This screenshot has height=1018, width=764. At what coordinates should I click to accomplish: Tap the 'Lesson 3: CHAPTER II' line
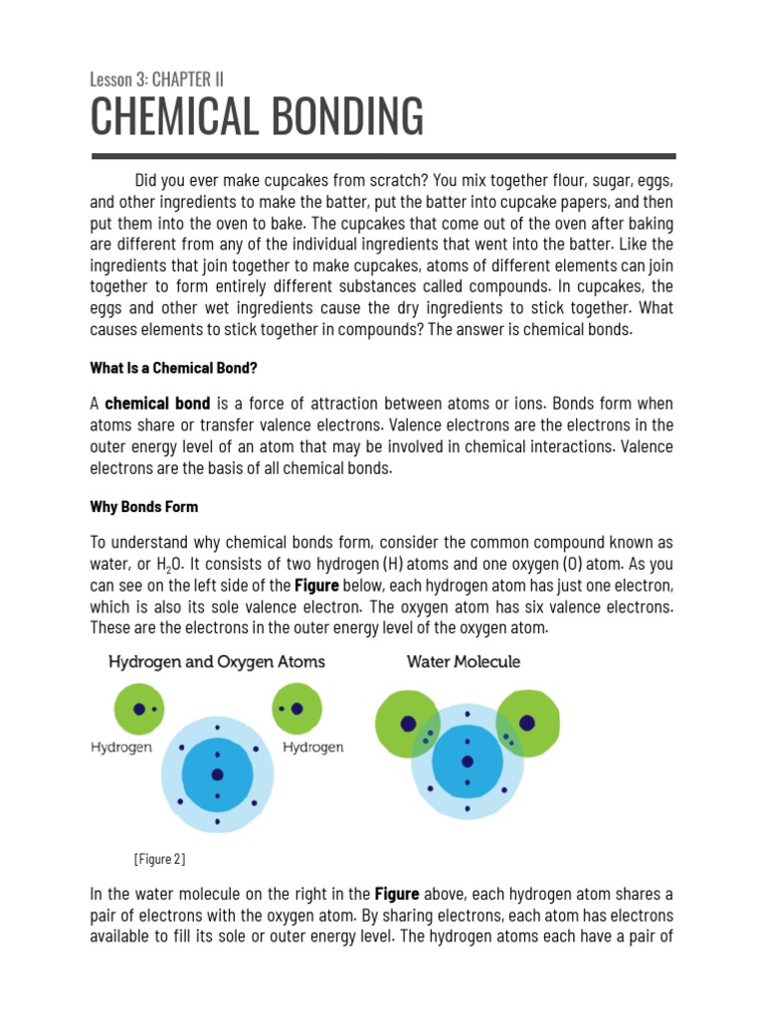(x=156, y=79)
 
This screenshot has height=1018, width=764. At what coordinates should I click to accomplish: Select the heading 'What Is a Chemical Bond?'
(x=174, y=368)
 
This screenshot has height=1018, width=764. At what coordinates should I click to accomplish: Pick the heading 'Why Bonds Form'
(x=144, y=507)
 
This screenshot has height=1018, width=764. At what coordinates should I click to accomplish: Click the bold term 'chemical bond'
(x=157, y=404)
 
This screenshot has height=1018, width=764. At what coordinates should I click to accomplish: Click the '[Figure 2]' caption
(x=159, y=858)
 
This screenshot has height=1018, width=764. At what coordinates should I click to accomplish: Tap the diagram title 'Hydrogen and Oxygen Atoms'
(x=216, y=662)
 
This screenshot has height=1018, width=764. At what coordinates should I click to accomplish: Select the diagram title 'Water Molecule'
(x=463, y=662)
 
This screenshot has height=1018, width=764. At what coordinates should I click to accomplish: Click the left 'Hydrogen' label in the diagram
(x=121, y=748)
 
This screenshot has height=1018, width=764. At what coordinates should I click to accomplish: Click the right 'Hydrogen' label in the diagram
(x=313, y=748)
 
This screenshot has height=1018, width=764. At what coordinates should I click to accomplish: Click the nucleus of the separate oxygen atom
(x=217, y=775)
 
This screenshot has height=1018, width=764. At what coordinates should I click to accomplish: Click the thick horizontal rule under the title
(x=383, y=156)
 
